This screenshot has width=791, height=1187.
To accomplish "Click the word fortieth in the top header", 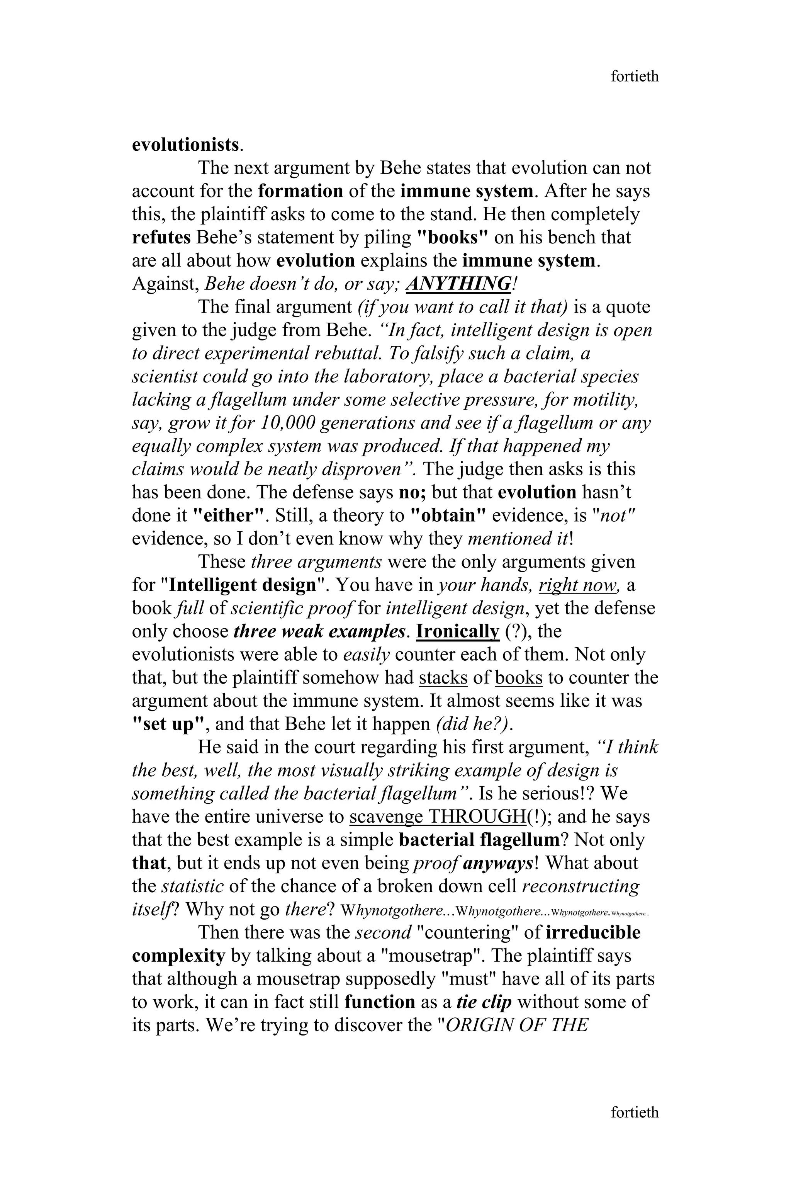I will pyautogui.click(x=634, y=76).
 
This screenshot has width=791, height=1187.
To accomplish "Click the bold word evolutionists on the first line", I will pyautogui.click(x=185, y=145).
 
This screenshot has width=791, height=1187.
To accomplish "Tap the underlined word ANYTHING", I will pyautogui.click(x=458, y=284).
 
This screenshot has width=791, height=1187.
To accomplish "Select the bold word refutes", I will pyautogui.click(x=161, y=237).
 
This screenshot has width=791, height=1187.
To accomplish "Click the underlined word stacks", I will pyautogui.click(x=443, y=678).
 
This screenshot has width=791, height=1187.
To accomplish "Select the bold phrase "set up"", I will pyautogui.click(x=169, y=724).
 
